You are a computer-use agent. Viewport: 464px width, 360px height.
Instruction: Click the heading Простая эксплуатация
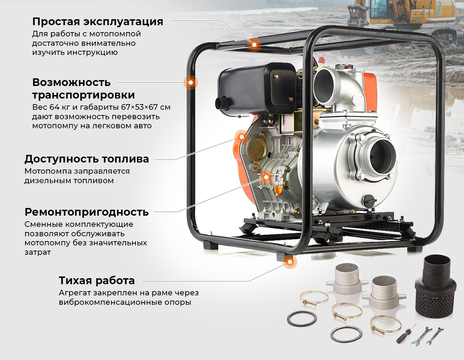point(97,22)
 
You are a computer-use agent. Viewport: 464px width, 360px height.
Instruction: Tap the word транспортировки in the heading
point(84,95)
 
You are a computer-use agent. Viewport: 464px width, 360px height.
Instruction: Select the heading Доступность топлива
point(87,159)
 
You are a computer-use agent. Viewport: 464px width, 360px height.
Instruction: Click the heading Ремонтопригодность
point(87,212)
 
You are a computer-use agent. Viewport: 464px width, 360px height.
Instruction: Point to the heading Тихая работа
point(97,281)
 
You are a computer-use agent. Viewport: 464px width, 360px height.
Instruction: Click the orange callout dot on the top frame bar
point(254,45)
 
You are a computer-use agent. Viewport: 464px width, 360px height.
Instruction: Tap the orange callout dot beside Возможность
point(191,82)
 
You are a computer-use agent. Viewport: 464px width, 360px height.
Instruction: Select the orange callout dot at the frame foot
point(290,262)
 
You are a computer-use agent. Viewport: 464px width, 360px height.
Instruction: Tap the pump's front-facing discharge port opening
point(382,157)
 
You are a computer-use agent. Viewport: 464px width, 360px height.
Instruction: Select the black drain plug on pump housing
point(370,201)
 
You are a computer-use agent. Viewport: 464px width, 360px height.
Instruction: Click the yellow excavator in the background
point(401,16)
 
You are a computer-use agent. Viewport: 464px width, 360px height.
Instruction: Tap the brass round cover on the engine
point(257,149)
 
